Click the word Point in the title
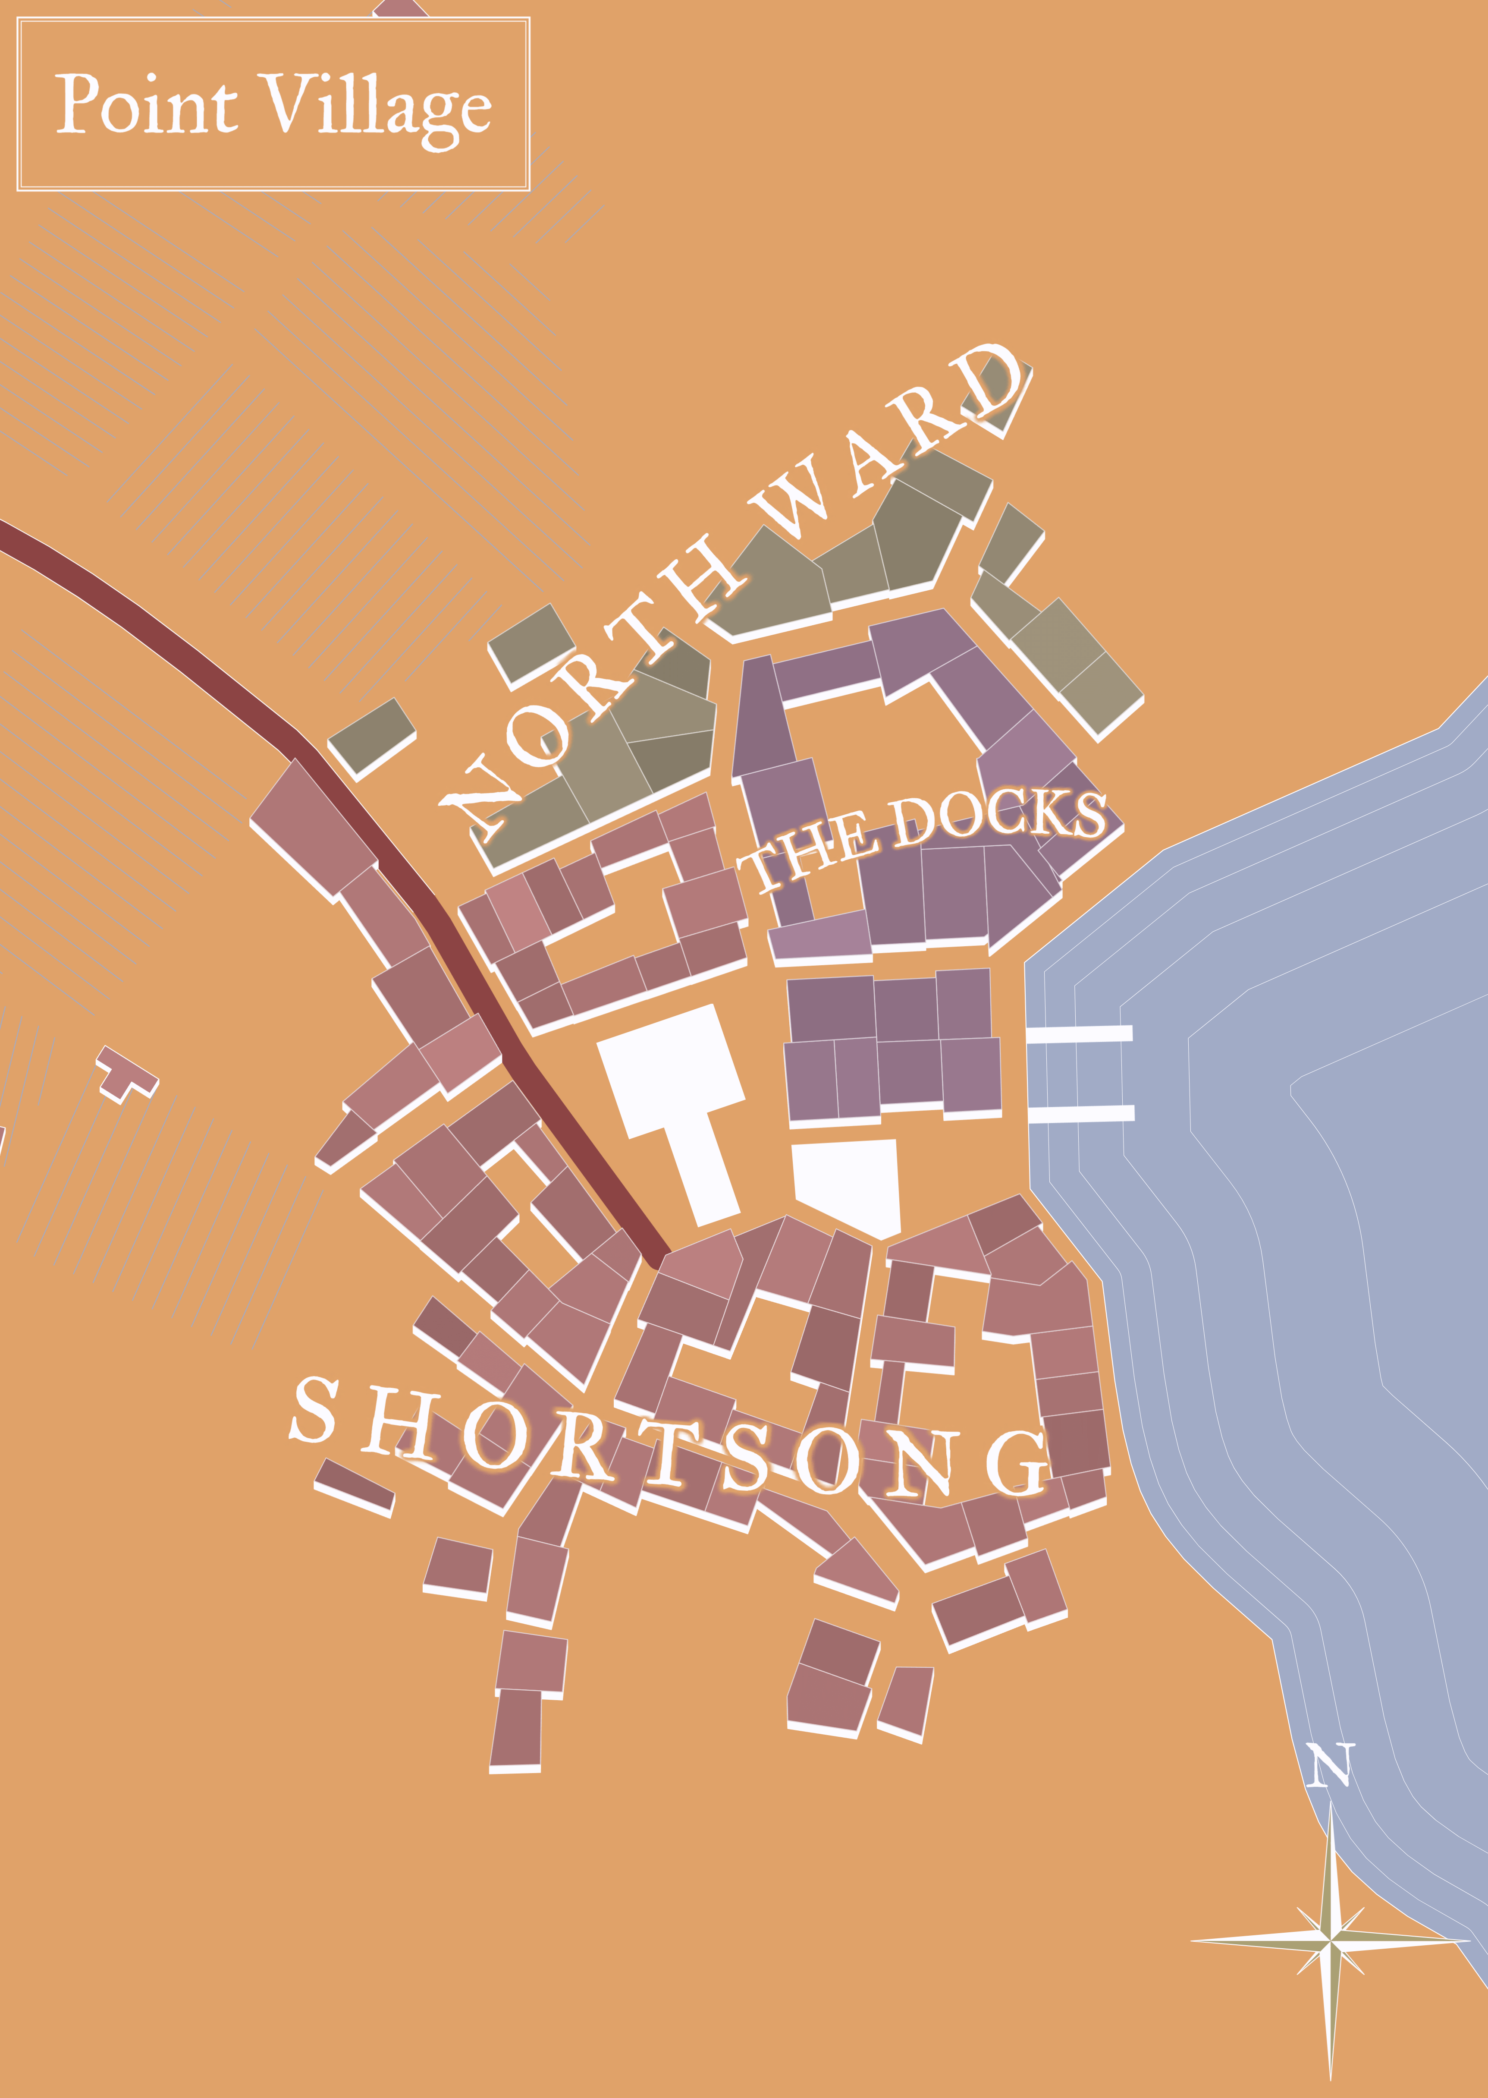147,104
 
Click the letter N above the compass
1328,1764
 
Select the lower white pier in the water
1081,1114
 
